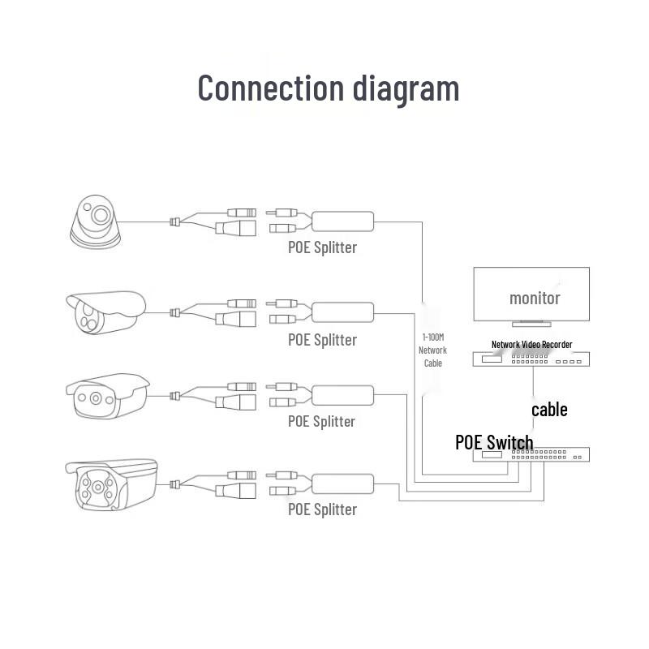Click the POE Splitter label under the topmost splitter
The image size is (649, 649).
coord(322,247)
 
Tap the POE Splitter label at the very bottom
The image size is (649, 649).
coord(322,509)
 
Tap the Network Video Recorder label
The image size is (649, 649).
coord(531,345)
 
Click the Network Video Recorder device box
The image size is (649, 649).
coord(532,359)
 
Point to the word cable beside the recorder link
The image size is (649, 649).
coord(549,410)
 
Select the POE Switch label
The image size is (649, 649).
coord(494,442)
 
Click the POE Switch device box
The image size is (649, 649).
coord(532,455)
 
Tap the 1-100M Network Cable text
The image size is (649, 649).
coord(432,350)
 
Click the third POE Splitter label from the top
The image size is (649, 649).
coord(322,421)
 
